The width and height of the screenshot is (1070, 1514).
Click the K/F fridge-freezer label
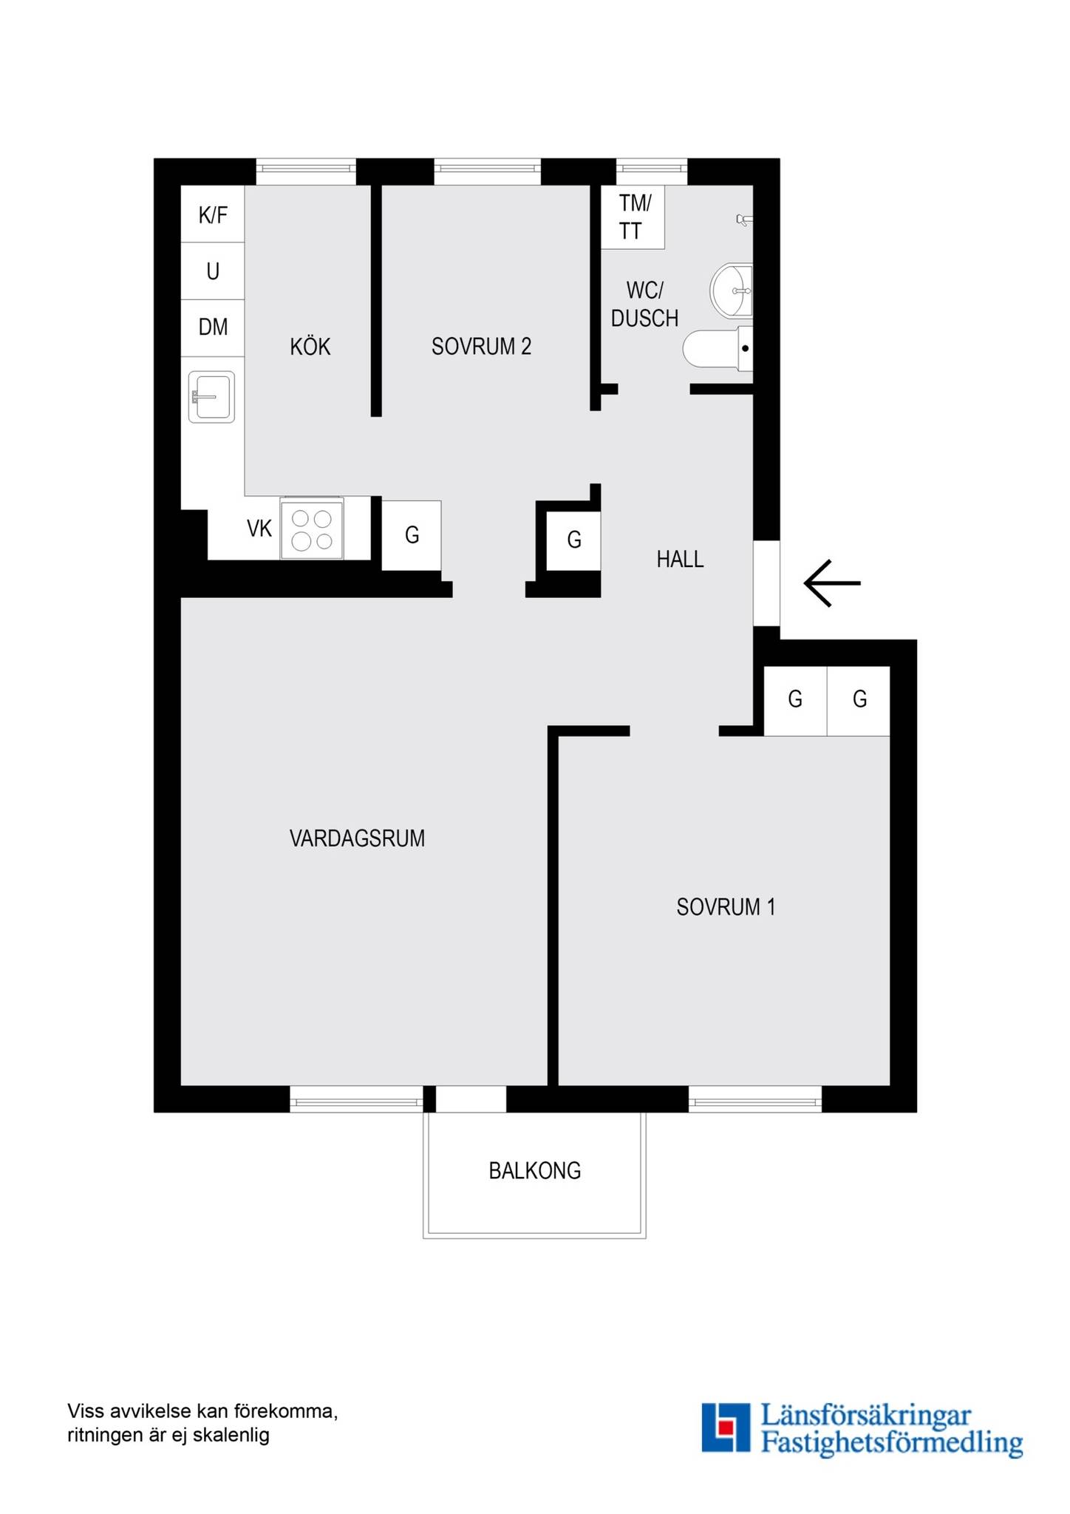coord(213,215)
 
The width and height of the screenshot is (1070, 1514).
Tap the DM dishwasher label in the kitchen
coord(213,327)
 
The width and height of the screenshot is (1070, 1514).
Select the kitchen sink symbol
coord(211,397)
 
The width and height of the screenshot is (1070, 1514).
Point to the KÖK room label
coord(310,346)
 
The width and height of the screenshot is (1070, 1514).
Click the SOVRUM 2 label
coord(482,346)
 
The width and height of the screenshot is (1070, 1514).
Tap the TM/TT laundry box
coord(633,217)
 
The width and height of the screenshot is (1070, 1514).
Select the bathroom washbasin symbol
coord(732,291)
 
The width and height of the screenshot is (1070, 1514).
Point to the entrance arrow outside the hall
coord(832,583)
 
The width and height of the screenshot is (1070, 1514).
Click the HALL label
coord(680,560)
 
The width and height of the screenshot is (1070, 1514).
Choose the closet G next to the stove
coord(412,535)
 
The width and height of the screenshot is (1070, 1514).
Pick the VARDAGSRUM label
coord(357,838)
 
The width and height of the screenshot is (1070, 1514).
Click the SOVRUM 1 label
coord(726,907)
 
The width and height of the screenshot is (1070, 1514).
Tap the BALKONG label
coord(535,1171)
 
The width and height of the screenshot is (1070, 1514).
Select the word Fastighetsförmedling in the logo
coord(892,1442)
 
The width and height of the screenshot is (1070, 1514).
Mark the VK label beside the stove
coord(259,529)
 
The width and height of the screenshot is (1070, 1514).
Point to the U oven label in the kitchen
coord(213,271)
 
